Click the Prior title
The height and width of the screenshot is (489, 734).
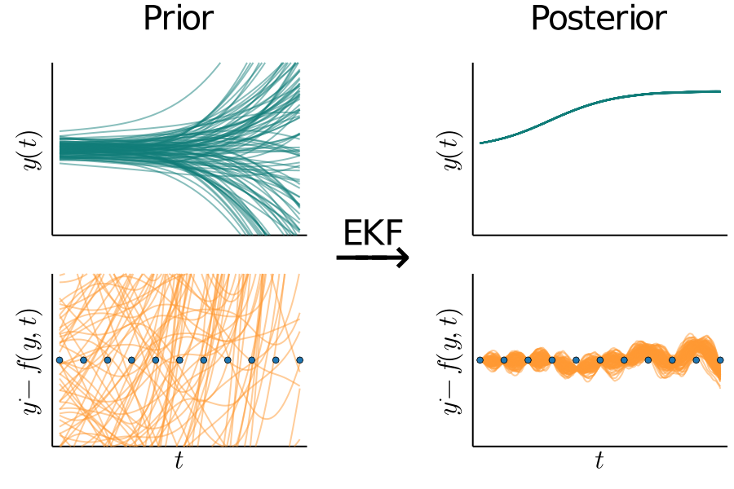click(178, 19)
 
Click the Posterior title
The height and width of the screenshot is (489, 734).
click(599, 19)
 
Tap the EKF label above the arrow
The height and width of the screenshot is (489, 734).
click(373, 234)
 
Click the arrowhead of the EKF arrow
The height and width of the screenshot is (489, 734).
click(401, 258)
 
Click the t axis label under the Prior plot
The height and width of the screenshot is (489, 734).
click(179, 462)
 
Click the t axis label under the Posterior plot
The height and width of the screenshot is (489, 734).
click(599, 462)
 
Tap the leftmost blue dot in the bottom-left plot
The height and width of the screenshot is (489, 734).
click(60, 359)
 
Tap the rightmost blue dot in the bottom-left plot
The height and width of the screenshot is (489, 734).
click(299, 359)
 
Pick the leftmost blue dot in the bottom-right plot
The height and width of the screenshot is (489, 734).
click(480, 359)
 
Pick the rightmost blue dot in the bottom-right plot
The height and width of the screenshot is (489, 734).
click(720, 359)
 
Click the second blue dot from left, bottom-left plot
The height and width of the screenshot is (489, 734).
click(83, 359)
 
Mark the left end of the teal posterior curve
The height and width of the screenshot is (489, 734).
click(480, 143)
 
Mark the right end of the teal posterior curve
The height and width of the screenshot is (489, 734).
click(720, 91)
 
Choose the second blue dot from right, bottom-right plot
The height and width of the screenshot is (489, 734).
click(696, 359)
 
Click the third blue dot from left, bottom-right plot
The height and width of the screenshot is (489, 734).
click(528, 359)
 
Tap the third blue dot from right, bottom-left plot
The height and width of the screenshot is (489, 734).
click(251, 359)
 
